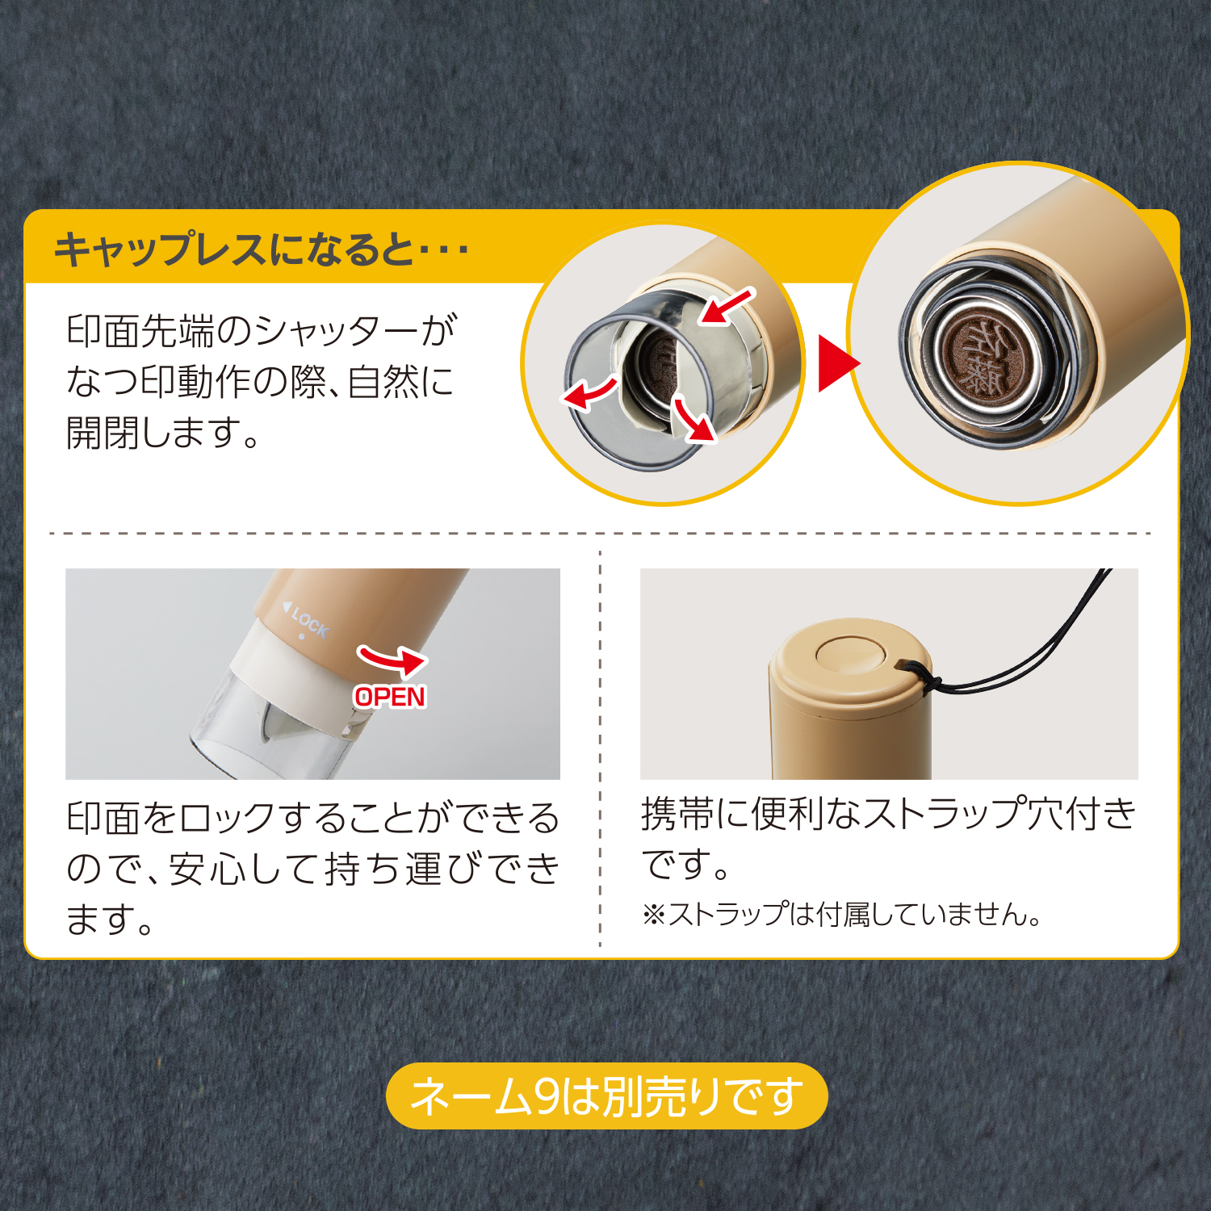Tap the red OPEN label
tap(389, 697)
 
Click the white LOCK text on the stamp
tap(309, 622)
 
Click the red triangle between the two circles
tap(836, 364)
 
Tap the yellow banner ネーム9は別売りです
tap(607, 1096)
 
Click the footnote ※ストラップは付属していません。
tap(841, 915)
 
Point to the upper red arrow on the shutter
tap(727, 307)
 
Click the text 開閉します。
tap(162, 433)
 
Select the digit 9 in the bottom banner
tap(547, 1096)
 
